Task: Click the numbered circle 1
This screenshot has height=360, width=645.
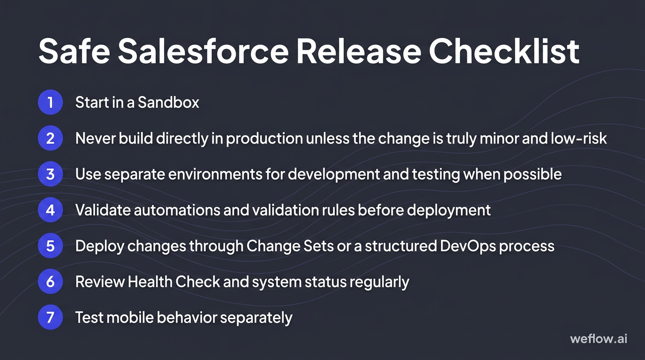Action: point(50,102)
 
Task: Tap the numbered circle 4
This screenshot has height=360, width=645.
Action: point(50,210)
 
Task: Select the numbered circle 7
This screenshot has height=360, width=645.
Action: point(50,317)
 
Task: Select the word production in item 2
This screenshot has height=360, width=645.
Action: point(264,138)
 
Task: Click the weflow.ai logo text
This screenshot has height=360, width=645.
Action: point(599,338)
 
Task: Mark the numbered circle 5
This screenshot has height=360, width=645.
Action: point(50,246)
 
